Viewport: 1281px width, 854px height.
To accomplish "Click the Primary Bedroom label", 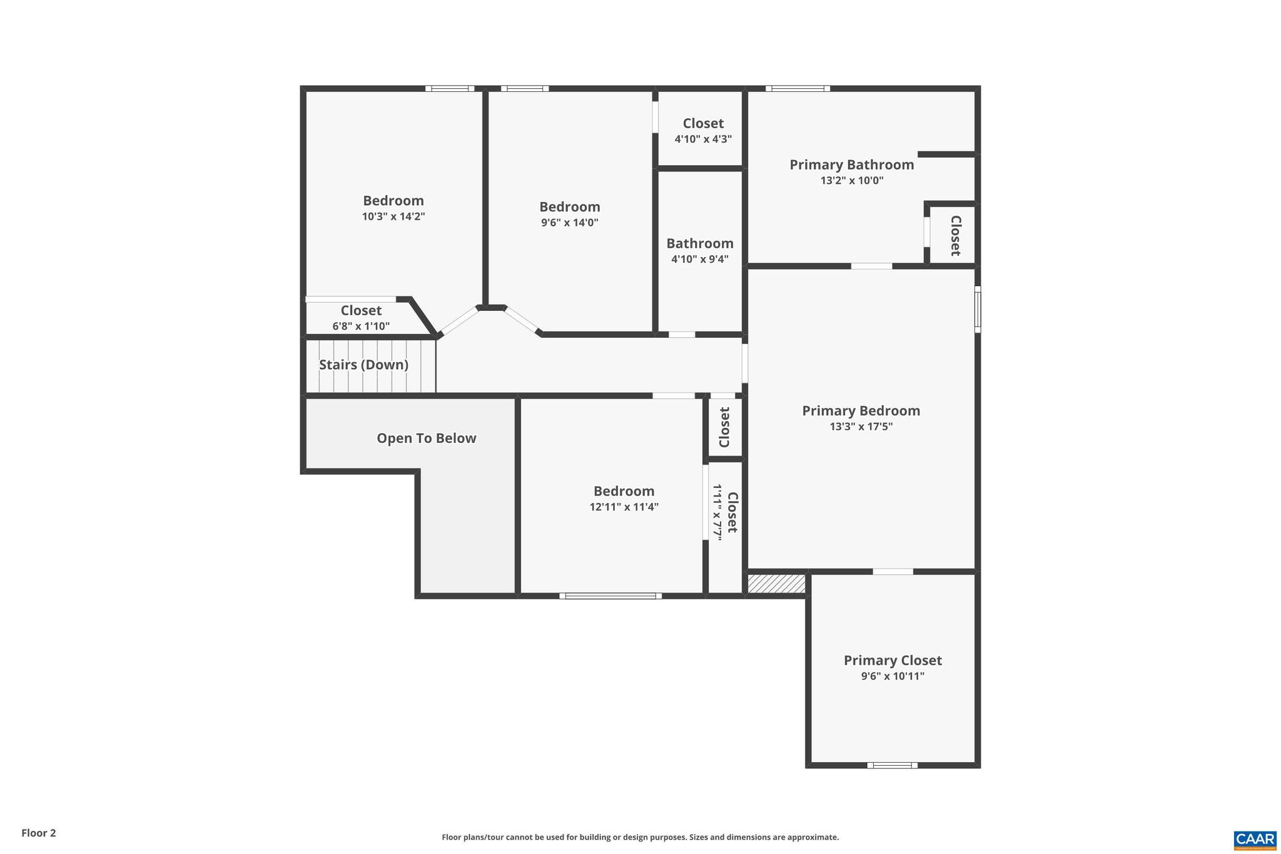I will tap(861, 411).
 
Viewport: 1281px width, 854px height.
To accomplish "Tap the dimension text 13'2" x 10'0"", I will tap(851, 181).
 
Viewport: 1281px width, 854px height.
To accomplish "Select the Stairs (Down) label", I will tap(363, 365).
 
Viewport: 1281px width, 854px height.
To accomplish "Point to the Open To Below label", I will tap(426, 439).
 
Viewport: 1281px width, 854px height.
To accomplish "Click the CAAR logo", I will tap(1254, 840).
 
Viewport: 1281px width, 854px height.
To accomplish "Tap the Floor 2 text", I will tap(39, 833).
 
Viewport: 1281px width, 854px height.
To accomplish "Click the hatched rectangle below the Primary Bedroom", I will tap(776, 584).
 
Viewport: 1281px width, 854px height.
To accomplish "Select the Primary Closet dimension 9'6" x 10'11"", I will tap(892, 676).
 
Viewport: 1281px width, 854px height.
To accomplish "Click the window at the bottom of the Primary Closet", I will tap(892, 765).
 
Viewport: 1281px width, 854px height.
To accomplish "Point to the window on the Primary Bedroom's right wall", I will tap(978, 309).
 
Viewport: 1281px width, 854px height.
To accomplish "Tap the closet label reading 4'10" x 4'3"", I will tap(703, 139).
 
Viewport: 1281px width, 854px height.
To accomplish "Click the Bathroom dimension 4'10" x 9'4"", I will tap(699, 259).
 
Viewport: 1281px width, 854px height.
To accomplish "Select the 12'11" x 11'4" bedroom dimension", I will tap(624, 507).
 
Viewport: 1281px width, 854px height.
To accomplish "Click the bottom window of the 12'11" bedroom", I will tap(610, 596).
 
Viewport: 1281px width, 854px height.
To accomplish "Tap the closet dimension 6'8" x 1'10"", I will tap(361, 326).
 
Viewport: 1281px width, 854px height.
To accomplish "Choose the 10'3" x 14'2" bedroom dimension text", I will tap(393, 216).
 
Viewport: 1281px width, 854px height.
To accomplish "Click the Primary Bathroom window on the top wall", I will tap(797, 88).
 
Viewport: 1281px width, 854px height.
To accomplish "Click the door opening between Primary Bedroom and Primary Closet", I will tap(893, 571).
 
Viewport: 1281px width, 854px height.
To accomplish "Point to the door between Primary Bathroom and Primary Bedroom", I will tap(871, 266).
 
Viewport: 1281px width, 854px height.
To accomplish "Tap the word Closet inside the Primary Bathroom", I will tap(955, 235).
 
